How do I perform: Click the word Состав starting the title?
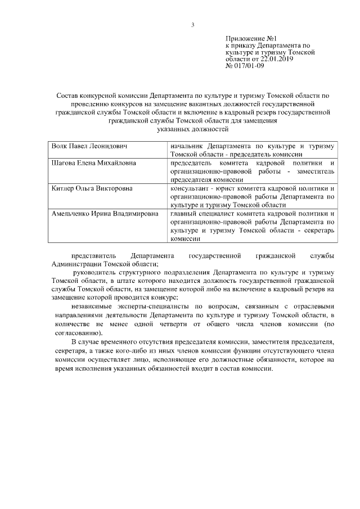[69, 97]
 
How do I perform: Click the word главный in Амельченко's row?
[183, 214]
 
